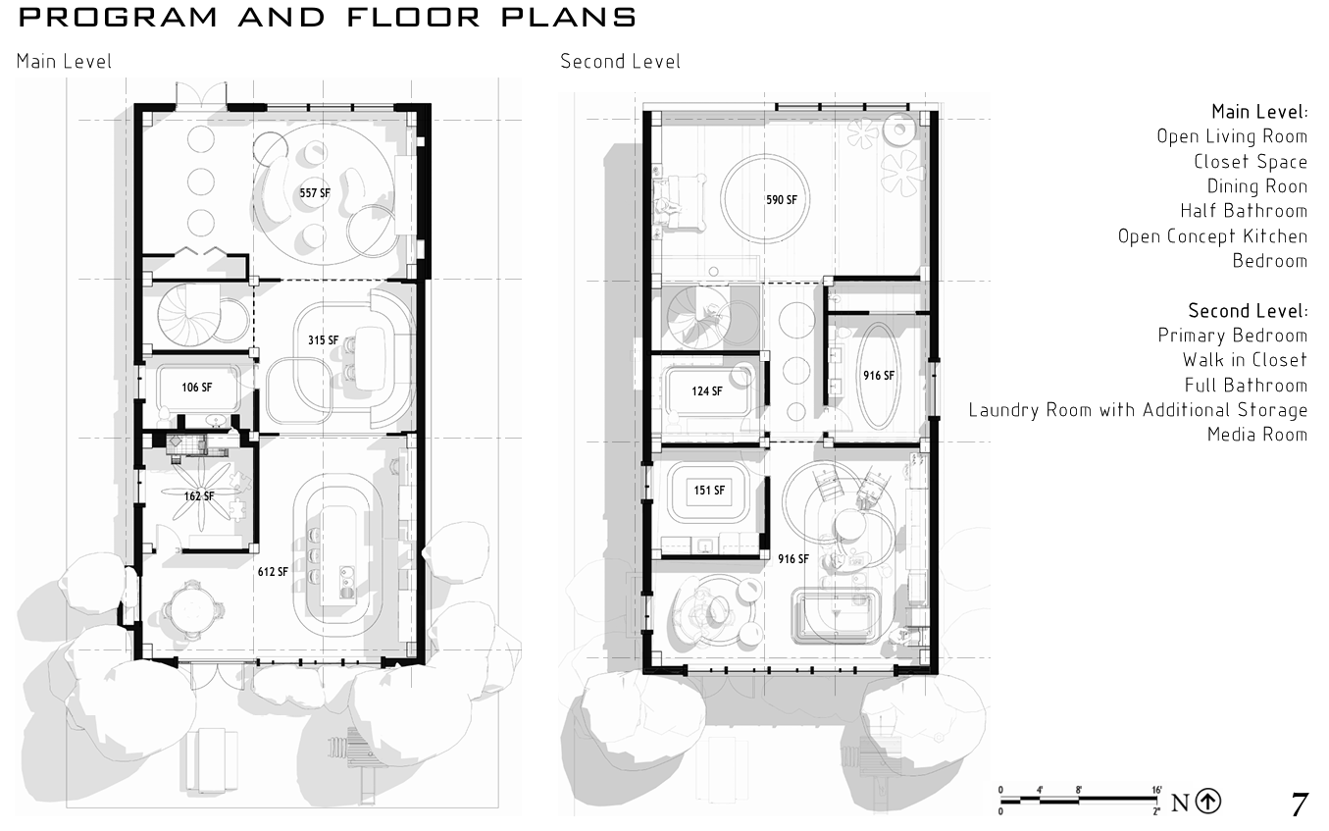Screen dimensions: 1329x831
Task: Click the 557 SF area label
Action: (315, 193)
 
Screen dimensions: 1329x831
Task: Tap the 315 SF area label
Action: (323, 340)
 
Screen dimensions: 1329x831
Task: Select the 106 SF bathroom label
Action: (196, 388)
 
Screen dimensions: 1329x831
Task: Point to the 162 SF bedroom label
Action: (199, 496)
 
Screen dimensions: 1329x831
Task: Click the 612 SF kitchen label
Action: (273, 572)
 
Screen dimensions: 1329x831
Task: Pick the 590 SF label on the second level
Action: (782, 200)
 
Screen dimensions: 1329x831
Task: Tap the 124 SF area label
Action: (706, 391)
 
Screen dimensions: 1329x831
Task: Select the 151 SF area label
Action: (709, 491)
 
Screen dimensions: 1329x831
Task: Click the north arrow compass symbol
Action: (1208, 801)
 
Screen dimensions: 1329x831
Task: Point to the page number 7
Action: (1300, 805)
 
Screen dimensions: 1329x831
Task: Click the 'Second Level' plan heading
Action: (620, 61)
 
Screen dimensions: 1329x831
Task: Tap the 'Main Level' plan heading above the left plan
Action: (64, 61)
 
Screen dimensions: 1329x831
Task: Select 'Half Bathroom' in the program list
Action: (1244, 211)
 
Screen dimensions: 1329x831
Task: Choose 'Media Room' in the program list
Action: (1257, 435)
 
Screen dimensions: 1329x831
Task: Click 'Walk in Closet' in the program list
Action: (1245, 360)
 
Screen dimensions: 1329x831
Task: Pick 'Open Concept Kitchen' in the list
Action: (1212, 236)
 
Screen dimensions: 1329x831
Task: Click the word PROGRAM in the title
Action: (118, 18)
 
